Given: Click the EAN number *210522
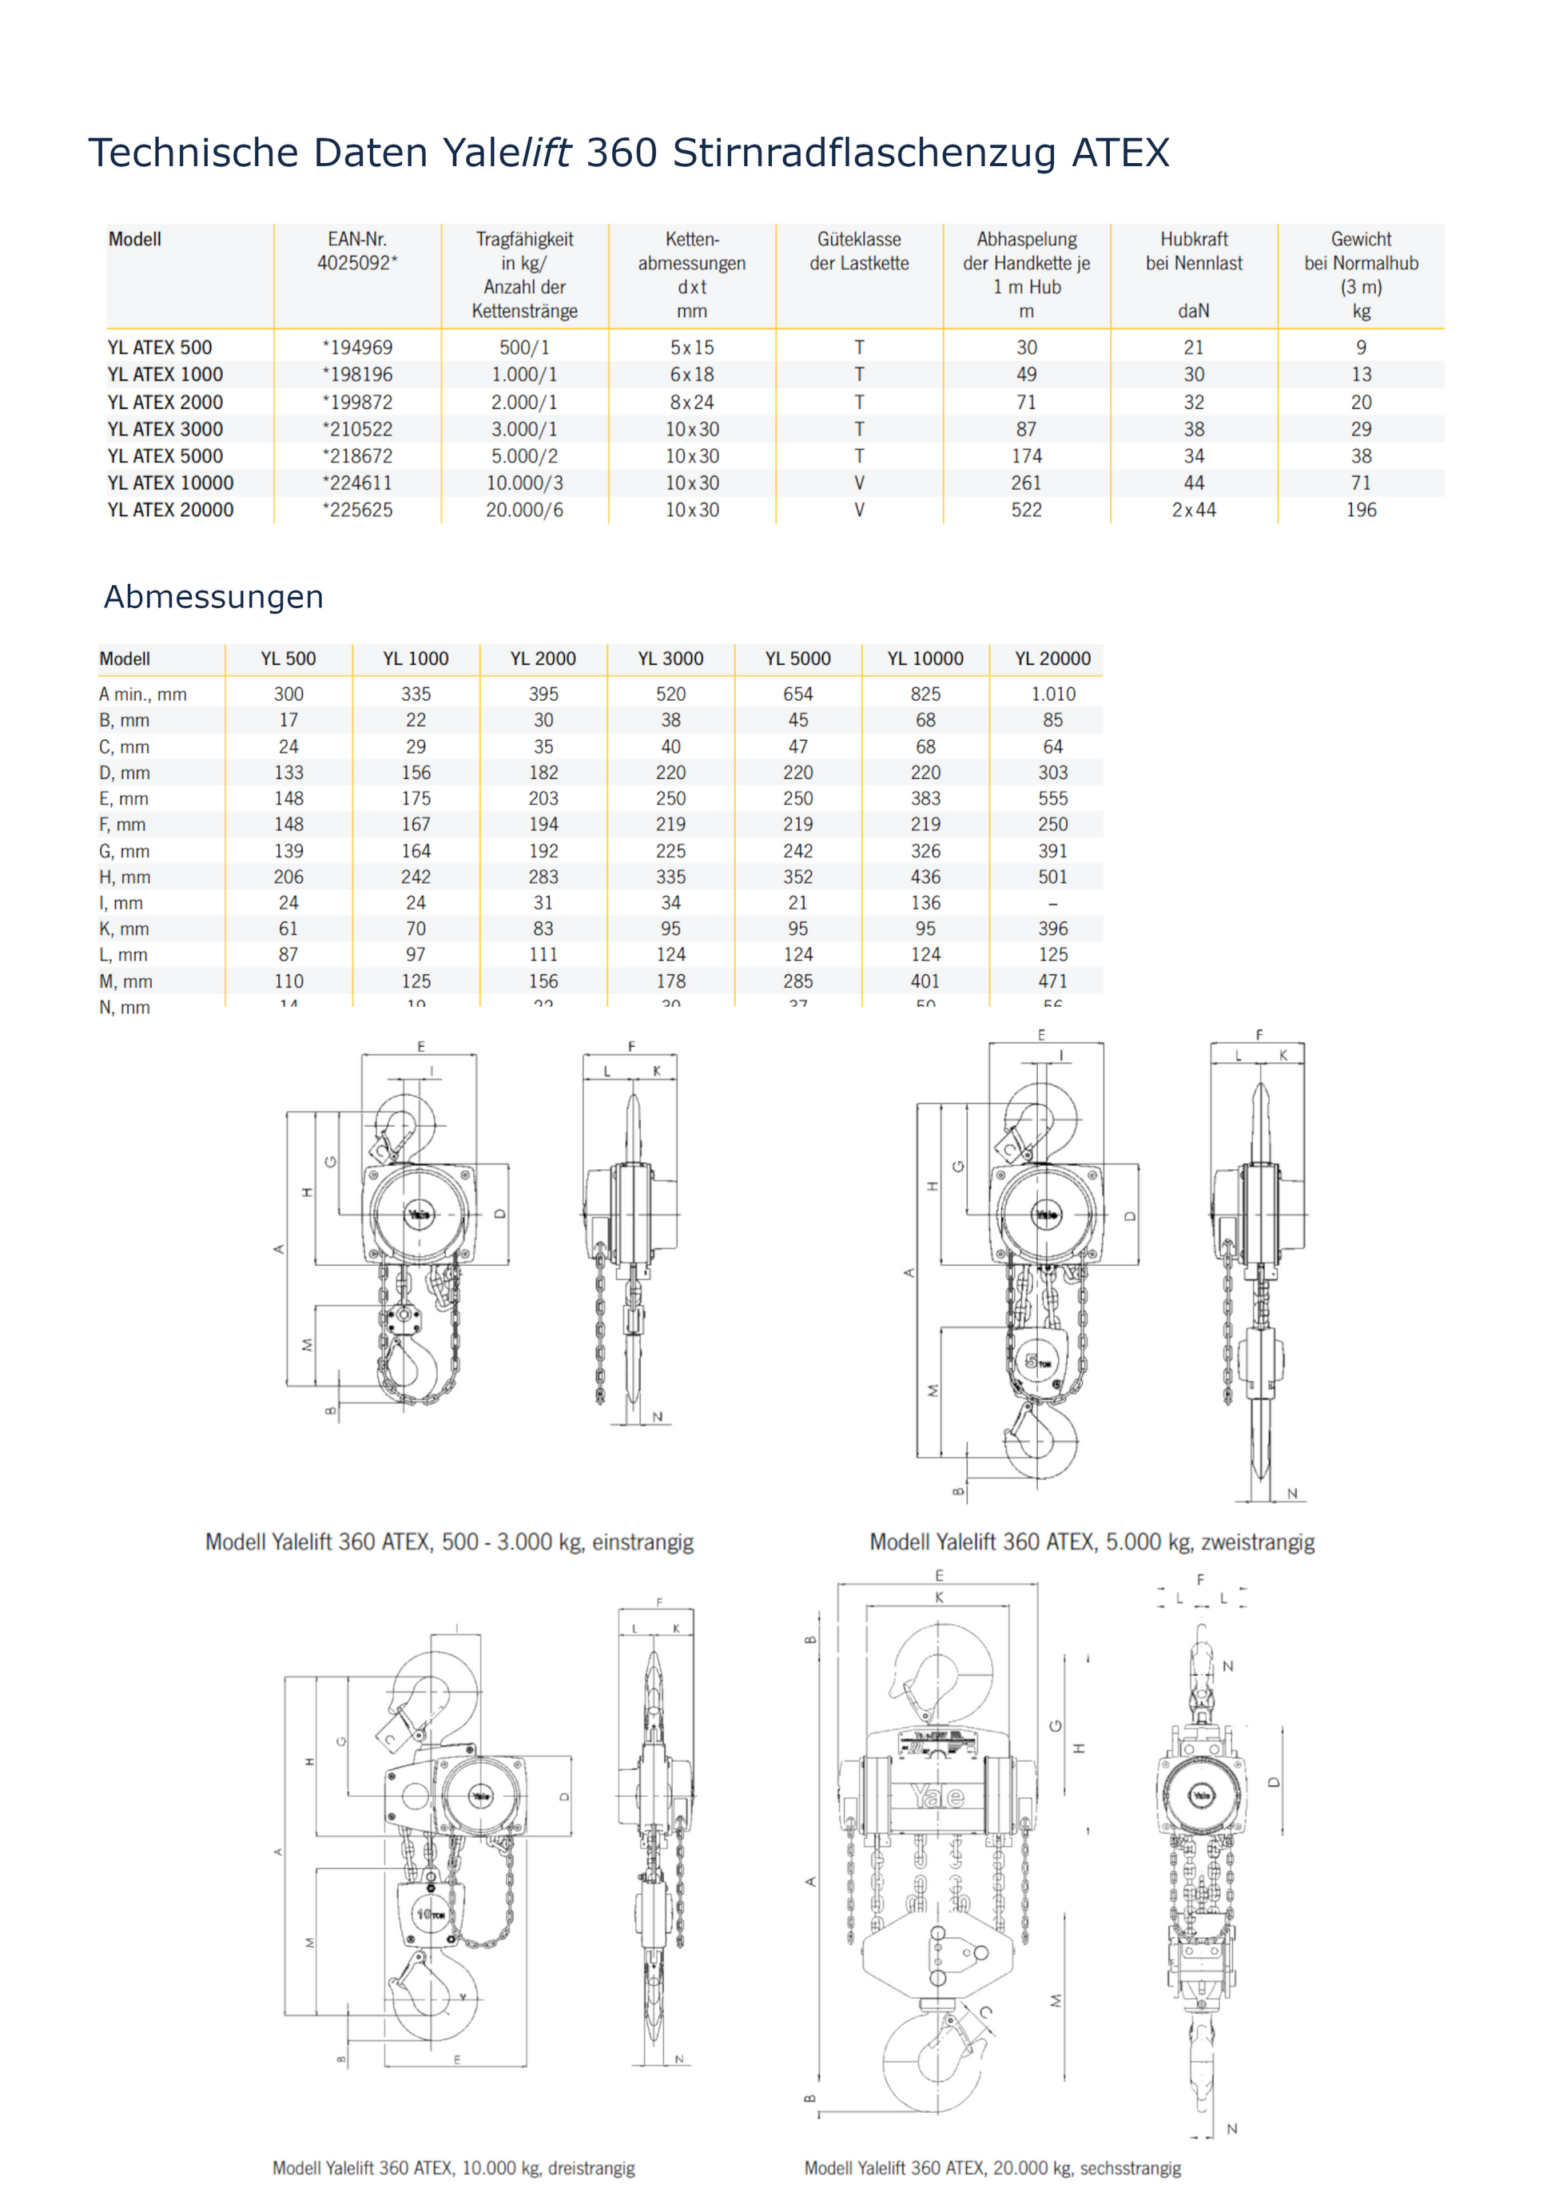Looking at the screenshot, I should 357,429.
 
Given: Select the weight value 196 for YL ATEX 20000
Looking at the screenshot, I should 1361,510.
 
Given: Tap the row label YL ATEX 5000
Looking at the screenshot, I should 165,456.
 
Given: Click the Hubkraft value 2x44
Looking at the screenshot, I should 1193,510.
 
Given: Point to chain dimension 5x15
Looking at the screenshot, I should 692,348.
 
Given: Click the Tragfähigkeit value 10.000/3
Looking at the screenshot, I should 524,483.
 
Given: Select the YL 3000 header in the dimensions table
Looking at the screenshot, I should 670,658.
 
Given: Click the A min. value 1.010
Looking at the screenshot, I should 1052,694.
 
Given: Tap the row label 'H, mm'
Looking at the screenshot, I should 125,877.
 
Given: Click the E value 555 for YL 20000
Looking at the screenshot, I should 1052,798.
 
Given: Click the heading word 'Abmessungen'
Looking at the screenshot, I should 213,597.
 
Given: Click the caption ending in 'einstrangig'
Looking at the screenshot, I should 449,1542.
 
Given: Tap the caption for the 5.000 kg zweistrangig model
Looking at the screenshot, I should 1092,1542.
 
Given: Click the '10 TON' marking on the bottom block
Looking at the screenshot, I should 430,1913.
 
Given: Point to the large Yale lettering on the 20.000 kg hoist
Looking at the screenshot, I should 937,1796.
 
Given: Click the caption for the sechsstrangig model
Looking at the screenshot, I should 992,2168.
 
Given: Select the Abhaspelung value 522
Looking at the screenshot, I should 1026,510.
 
